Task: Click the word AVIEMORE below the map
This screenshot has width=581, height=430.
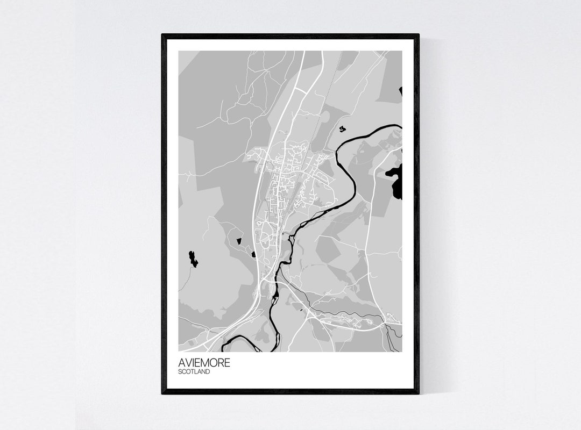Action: click(x=204, y=362)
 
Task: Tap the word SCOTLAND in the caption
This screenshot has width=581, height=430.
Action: click(x=194, y=371)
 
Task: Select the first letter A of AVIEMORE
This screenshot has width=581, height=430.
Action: click(x=181, y=362)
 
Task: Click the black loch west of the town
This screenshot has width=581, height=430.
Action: click(x=192, y=259)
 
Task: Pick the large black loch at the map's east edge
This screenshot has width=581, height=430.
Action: click(x=397, y=180)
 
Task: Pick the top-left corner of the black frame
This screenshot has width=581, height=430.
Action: click(x=163, y=35)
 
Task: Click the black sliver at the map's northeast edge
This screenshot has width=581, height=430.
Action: click(x=401, y=91)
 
